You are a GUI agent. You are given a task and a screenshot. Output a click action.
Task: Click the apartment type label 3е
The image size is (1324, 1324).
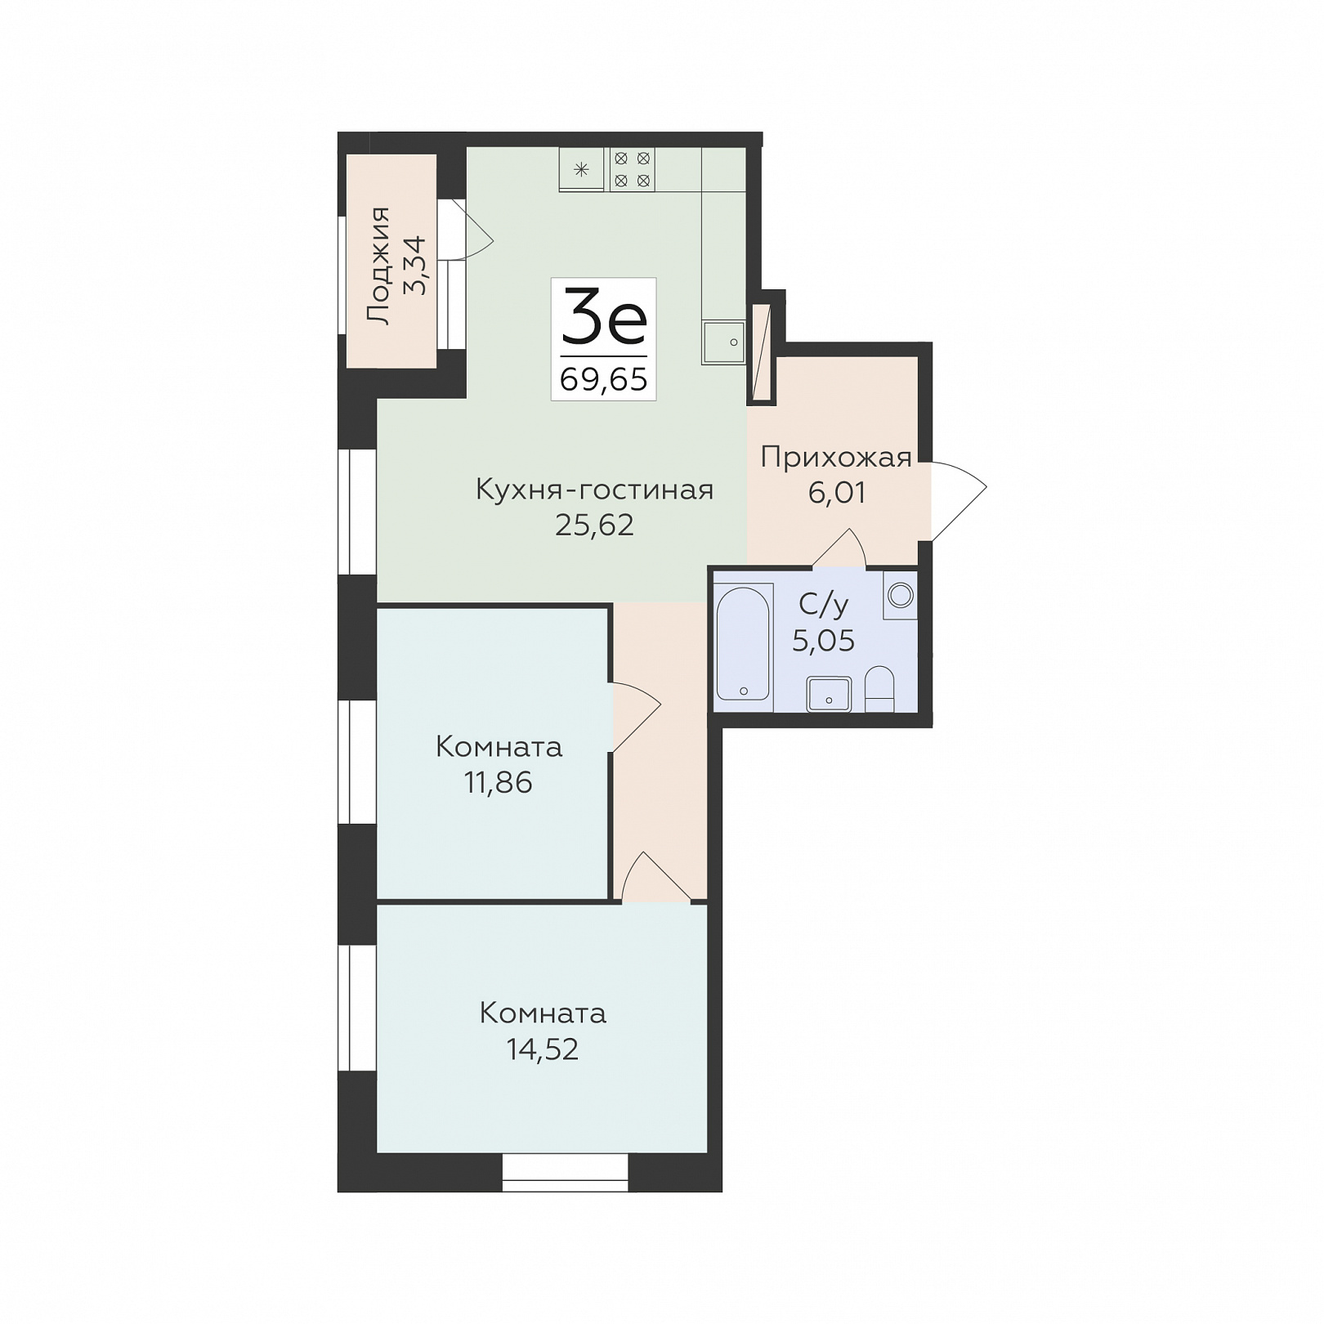pyautogui.click(x=604, y=317)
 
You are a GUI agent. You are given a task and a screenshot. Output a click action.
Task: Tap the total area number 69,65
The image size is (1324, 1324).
pyautogui.click(x=604, y=379)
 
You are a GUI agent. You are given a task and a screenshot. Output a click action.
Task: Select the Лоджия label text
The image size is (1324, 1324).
pyautogui.click(x=378, y=266)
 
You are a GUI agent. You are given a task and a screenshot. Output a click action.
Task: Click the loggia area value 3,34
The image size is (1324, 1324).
pyautogui.click(x=414, y=265)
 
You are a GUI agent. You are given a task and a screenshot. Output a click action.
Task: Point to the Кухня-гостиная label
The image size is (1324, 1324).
pyautogui.click(x=594, y=490)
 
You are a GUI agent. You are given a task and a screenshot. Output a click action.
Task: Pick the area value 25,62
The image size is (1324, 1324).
pyautogui.click(x=594, y=525)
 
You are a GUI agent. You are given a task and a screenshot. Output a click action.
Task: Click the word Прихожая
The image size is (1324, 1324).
pyautogui.click(x=836, y=458)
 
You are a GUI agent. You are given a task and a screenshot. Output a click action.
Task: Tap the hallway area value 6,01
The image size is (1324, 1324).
pyautogui.click(x=836, y=492)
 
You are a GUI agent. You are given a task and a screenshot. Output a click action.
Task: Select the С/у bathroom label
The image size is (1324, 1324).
pyautogui.click(x=823, y=605)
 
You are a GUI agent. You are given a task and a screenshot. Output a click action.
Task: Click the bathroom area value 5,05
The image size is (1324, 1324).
pyautogui.click(x=823, y=641)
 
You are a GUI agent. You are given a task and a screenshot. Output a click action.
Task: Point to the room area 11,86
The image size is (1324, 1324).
pyautogui.click(x=498, y=783)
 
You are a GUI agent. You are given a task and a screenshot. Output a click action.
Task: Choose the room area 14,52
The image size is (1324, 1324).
pyautogui.click(x=543, y=1049)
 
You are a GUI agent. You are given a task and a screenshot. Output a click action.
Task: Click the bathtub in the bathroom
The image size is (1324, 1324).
pyautogui.click(x=744, y=642)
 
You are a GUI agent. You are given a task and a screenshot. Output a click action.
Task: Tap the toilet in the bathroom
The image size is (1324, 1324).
pyautogui.click(x=879, y=688)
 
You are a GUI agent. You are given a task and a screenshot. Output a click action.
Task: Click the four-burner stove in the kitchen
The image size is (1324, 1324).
pyautogui.click(x=632, y=170)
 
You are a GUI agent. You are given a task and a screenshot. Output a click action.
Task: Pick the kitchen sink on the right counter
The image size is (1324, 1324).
pyautogui.click(x=723, y=342)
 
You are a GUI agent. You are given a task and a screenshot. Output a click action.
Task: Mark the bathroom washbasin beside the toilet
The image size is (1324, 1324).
pyautogui.click(x=829, y=695)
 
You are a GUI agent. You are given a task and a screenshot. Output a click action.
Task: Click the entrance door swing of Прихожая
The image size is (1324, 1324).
pyautogui.click(x=959, y=501)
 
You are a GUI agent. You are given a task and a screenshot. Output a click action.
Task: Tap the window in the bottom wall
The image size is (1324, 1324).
pyautogui.click(x=565, y=1172)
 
